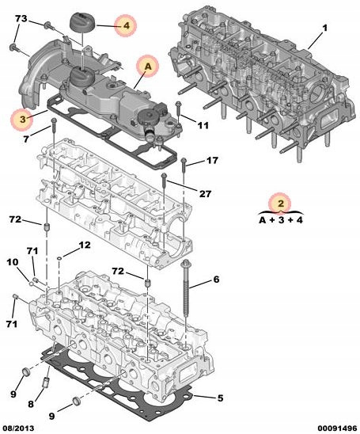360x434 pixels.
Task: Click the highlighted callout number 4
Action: point(126,26)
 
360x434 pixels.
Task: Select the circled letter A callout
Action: point(148,67)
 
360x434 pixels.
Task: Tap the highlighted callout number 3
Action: point(22,120)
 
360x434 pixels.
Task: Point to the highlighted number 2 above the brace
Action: point(280,204)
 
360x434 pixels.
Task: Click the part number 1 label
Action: point(324,29)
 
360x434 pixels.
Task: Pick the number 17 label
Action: point(212,160)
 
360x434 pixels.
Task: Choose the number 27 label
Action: point(205,194)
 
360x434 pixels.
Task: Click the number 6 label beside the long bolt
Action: point(216,280)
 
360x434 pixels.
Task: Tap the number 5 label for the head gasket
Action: point(220,398)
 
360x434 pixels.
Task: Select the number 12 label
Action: point(85,245)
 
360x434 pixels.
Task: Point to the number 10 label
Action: point(13,262)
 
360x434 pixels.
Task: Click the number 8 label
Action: point(31,404)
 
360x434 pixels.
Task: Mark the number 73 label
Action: point(21,18)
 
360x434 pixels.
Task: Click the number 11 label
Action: point(203,126)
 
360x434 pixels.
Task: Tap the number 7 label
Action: point(25,139)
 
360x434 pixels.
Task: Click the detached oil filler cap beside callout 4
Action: point(81,22)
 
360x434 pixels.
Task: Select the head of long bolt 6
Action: point(184,264)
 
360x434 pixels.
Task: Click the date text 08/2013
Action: point(17,428)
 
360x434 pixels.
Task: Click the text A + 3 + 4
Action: point(281,220)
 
